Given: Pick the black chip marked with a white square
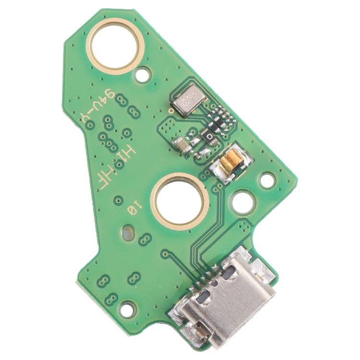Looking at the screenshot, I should [210, 137].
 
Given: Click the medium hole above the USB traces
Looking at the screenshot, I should [243, 202].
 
